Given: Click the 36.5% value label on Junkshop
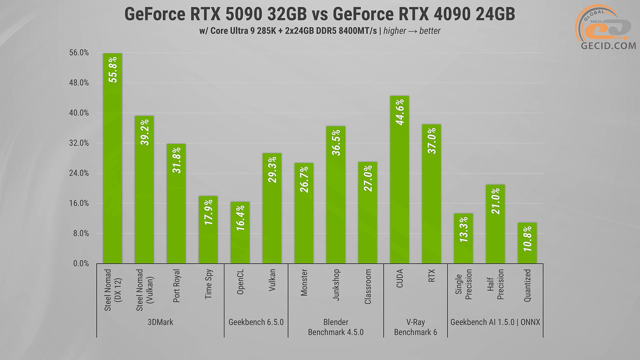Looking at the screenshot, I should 336,143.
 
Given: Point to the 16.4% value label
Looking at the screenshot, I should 240,218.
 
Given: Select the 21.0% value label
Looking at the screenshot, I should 495,201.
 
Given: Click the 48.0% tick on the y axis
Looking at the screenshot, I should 79,83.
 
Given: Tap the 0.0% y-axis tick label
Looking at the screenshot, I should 81,264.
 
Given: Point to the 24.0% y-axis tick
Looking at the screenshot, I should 79,173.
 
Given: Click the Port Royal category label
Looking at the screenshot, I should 176,286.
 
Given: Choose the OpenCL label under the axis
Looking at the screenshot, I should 240,282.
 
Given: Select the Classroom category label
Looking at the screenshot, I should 368,287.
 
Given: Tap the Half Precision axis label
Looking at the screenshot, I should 495,284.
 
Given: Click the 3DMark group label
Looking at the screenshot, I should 160,322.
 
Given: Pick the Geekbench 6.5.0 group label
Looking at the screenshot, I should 256,322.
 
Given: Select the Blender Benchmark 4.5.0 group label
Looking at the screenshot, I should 336,327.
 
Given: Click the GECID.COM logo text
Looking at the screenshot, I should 608,46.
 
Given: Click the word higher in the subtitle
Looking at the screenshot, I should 395,31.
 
